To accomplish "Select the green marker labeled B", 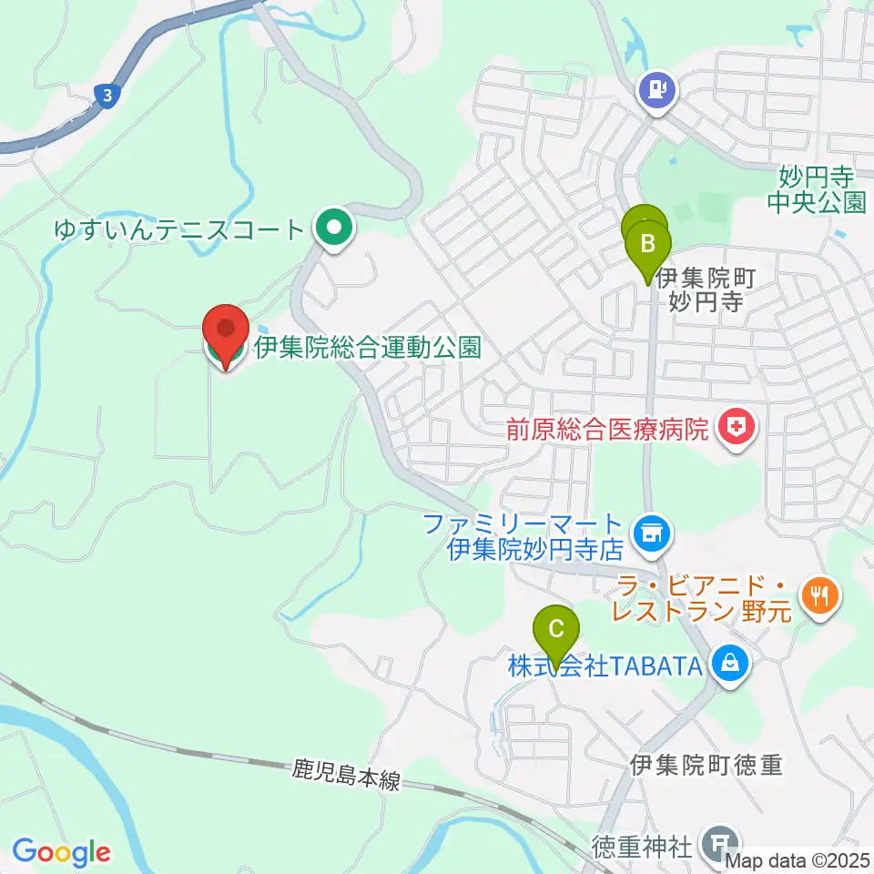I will (x=648, y=245).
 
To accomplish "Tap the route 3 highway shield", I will (x=108, y=95).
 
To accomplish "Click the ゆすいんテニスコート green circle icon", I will (x=334, y=229).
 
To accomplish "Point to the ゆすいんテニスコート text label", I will (x=178, y=229).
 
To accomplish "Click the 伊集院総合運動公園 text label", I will (x=367, y=346).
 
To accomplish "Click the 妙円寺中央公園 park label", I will (x=816, y=188).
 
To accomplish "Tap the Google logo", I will (x=61, y=852).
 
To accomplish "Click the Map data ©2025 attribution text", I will (x=798, y=859).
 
